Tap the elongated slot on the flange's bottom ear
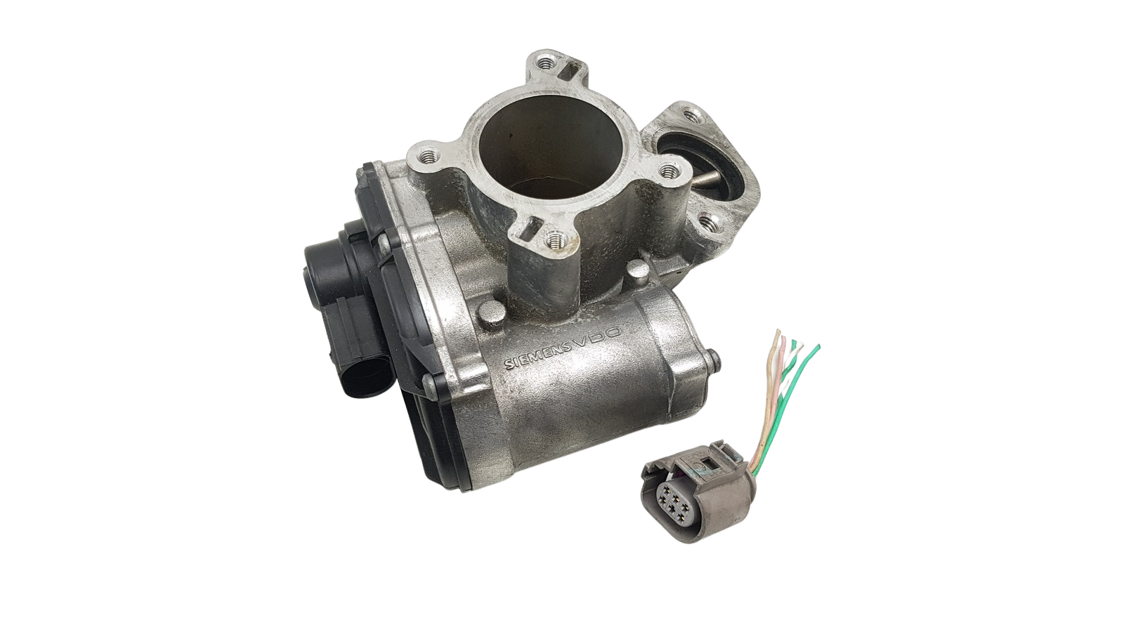(x=529, y=231)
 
